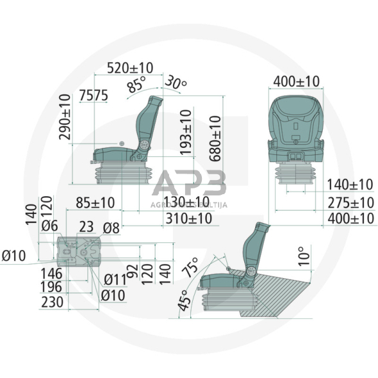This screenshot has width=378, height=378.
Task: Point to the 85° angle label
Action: [136, 85]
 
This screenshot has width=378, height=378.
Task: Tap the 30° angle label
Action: [175, 83]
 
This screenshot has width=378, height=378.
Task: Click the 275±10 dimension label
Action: [350, 203]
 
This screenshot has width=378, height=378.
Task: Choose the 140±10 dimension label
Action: [350, 185]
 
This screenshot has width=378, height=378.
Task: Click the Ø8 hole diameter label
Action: [111, 226]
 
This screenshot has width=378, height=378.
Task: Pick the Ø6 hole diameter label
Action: [50, 226]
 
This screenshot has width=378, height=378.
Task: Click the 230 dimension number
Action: [52, 301]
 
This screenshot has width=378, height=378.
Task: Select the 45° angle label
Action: [184, 301]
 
